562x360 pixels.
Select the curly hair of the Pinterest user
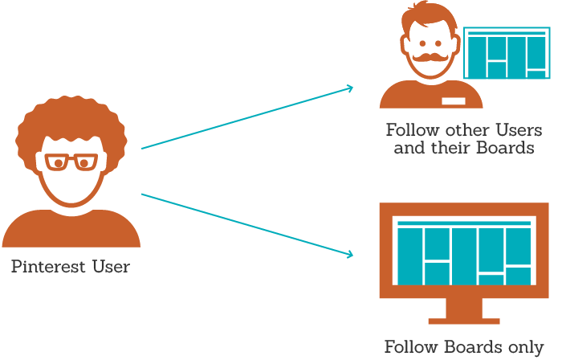click(70, 121)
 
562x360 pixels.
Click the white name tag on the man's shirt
click(454, 101)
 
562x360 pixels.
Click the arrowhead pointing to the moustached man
click(349, 88)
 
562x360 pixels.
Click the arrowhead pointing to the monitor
click(349, 255)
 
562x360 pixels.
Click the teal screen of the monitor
click(464, 253)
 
